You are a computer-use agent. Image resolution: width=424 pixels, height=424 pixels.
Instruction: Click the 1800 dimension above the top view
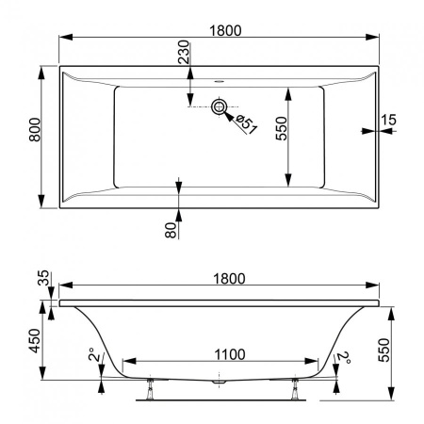(225, 30)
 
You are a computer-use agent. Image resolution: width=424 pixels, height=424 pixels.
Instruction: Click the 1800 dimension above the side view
(229, 278)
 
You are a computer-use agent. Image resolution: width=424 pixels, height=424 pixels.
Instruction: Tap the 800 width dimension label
(35, 129)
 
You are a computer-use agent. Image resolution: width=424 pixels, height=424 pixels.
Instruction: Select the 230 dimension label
(184, 52)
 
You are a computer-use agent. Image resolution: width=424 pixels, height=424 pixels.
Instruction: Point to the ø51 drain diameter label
(247, 124)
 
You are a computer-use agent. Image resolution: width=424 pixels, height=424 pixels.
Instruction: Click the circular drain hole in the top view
(219, 106)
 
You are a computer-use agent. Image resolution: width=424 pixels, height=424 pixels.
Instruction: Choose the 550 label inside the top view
(281, 128)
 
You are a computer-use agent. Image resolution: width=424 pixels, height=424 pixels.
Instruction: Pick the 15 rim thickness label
(388, 120)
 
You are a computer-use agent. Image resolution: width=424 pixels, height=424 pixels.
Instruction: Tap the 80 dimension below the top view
(171, 230)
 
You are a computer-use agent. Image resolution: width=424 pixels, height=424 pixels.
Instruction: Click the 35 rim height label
(43, 278)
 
